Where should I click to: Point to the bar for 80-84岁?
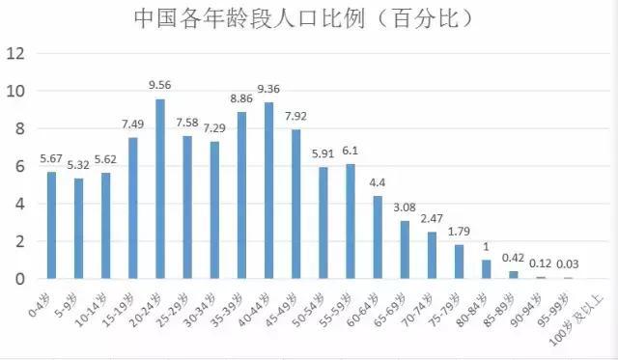pyautogui.click(x=487, y=269)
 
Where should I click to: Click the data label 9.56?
pyautogui.click(x=160, y=85)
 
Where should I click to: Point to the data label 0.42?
pyautogui.click(x=514, y=258)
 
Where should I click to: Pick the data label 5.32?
pyautogui.click(x=78, y=165)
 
